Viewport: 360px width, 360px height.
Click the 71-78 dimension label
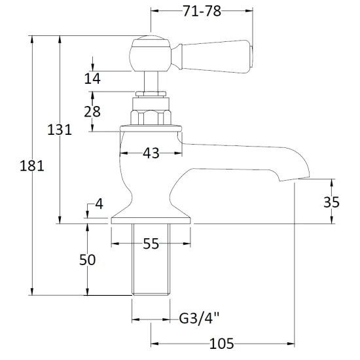point(202,11)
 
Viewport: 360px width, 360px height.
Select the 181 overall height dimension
point(31,166)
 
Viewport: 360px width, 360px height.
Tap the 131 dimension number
point(60,130)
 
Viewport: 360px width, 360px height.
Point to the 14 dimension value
point(92,79)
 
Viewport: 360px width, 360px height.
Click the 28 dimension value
point(92,112)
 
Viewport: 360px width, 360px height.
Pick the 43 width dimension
point(151,153)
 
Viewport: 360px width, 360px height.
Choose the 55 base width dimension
point(151,243)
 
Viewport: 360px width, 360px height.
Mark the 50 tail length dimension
point(87,260)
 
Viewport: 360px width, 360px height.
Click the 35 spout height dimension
point(331,202)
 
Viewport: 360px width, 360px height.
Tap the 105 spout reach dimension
point(221,344)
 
